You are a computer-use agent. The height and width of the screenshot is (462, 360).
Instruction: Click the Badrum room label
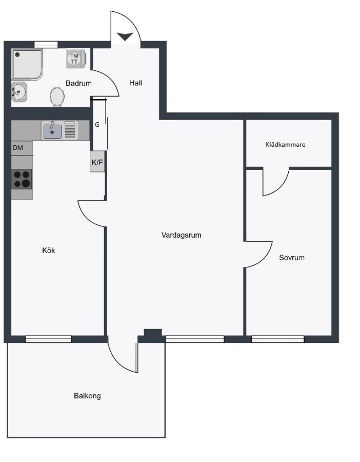(x=78, y=83)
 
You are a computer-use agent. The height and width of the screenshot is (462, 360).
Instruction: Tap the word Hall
(x=135, y=83)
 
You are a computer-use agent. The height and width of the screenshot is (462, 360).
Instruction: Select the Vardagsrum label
(x=182, y=235)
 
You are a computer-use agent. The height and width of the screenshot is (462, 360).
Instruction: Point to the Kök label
(x=49, y=251)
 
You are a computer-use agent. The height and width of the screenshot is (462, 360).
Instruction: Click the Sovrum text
(x=292, y=258)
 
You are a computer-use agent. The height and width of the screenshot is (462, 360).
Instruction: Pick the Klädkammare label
(x=285, y=145)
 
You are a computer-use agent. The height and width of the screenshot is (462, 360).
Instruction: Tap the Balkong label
(x=87, y=396)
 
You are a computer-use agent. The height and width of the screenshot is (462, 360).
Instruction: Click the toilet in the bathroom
(x=57, y=97)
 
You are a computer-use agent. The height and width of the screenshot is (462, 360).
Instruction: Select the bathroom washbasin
(x=19, y=92)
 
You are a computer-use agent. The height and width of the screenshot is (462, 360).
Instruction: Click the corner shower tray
(x=27, y=65)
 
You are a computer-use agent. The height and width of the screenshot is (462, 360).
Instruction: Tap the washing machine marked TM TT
(x=76, y=59)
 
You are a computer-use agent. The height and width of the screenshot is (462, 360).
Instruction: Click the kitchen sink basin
(x=52, y=131)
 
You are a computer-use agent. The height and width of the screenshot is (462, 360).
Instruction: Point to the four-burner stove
(x=22, y=179)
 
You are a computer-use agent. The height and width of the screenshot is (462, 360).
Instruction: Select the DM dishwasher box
(x=22, y=148)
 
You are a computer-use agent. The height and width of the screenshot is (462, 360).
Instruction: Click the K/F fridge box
(x=97, y=162)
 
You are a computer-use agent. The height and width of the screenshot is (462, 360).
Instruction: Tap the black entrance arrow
(x=126, y=36)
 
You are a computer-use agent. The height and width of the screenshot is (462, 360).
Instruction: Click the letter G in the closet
(x=97, y=125)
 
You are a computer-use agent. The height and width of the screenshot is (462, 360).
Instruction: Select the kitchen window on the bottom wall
(x=49, y=339)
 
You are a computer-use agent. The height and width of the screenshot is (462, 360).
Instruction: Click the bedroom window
(x=277, y=339)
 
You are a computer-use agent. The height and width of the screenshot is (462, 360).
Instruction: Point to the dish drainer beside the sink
(x=70, y=130)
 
